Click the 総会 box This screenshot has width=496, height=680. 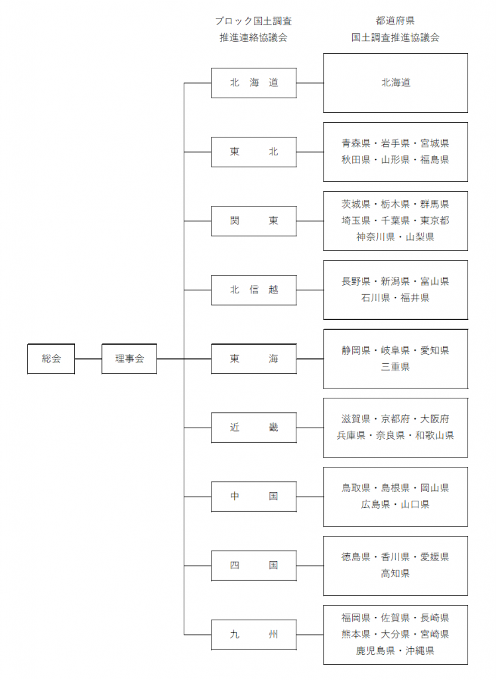pyautogui.click(x=51, y=359)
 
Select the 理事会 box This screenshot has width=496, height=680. pyautogui.click(x=129, y=359)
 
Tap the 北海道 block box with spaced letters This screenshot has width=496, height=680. pyautogui.click(x=254, y=83)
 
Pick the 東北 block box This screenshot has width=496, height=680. pyautogui.click(x=254, y=152)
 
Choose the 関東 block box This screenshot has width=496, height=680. pyautogui.click(x=254, y=221)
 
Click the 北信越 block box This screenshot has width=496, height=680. pyautogui.click(x=254, y=290)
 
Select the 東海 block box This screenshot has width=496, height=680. pyautogui.click(x=254, y=359)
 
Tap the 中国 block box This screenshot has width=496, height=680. pyautogui.click(x=254, y=497)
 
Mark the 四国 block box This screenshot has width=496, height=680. pyautogui.click(x=254, y=566)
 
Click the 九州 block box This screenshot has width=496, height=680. pyautogui.click(x=254, y=635)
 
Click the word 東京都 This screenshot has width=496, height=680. pyautogui.click(x=435, y=220)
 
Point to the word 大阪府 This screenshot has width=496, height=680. pyautogui.click(x=435, y=419)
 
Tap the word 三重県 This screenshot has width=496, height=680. pyautogui.click(x=395, y=367)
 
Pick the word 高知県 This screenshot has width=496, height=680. pyautogui.click(x=395, y=573)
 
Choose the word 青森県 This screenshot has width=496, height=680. pyautogui.click(x=356, y=143)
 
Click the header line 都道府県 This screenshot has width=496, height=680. pyautogui.click(x=395, y=21)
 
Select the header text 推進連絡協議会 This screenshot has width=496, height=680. pyautogui.click(x=254, y=38)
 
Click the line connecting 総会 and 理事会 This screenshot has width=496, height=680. pyautogui.click(x=88, y=359)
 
